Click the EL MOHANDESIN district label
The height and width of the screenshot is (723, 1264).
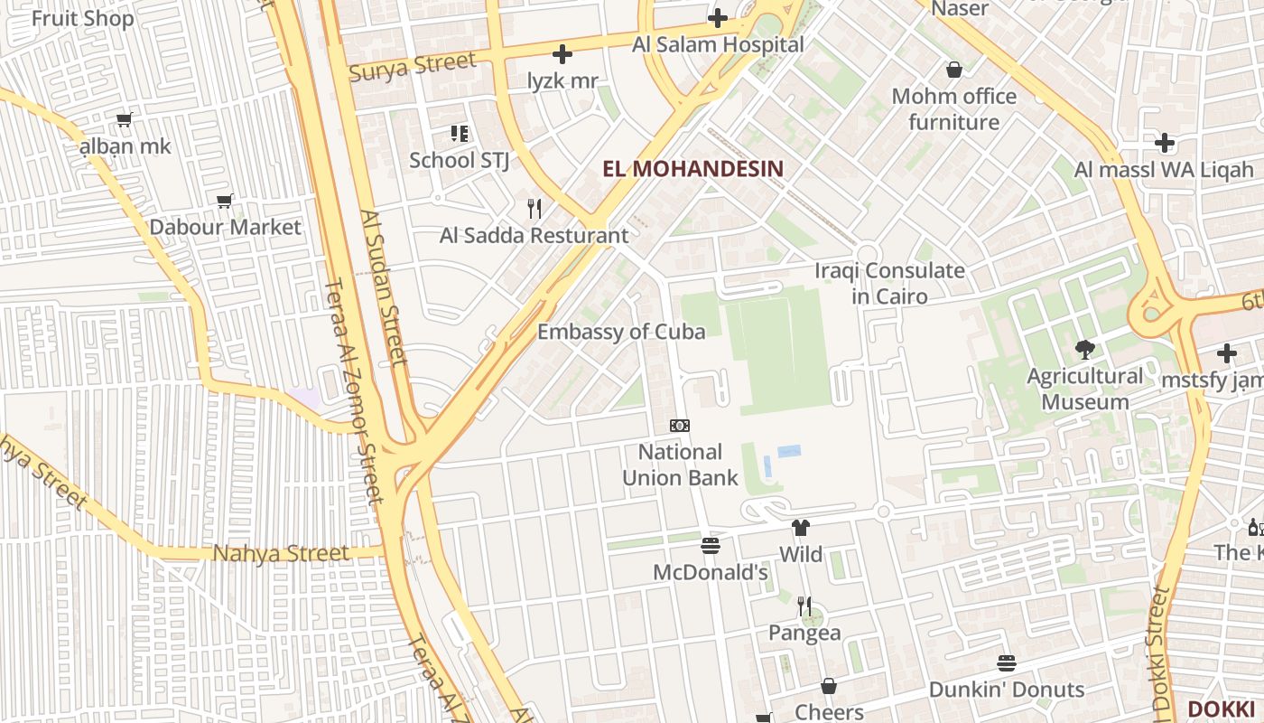(692, 169)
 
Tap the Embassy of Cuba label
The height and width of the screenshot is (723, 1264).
(621, 332)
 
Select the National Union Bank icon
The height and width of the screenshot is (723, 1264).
(680, 426)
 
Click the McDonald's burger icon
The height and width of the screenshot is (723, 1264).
(711, 546)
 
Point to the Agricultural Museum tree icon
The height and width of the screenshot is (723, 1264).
(1084, 349)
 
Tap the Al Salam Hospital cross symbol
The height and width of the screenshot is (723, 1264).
(718, 18)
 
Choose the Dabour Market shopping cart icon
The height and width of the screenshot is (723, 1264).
(225, 201)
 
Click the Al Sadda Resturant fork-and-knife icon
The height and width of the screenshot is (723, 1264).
(534, 209)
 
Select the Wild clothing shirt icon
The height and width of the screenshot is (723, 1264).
(800, 528)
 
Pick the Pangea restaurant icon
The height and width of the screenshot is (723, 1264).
(804, 606)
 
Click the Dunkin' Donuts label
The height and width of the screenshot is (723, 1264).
(1007, 690)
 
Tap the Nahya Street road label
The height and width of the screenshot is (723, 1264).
(280, 553)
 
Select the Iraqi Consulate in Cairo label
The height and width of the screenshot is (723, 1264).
(889, 283)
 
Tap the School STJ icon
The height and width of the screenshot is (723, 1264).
(460, 134)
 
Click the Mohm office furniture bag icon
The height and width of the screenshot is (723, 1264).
(954, 70)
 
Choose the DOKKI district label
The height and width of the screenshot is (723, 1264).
(1221, 709)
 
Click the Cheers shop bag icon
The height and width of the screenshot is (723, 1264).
(829, 686)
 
